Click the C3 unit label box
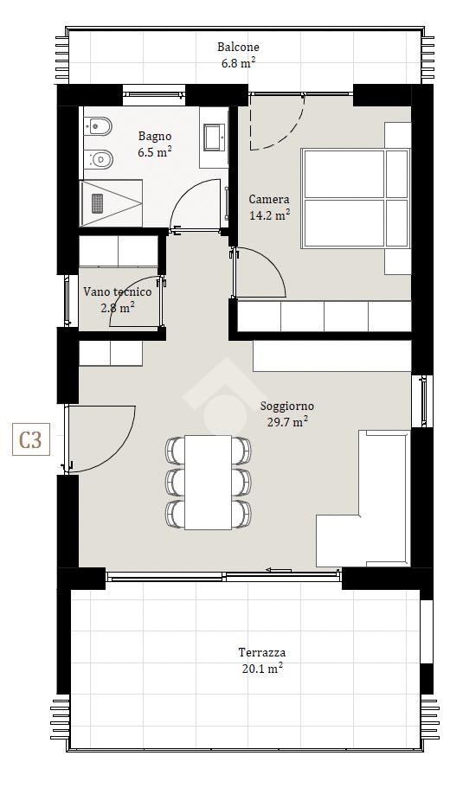click(x=31, y=439)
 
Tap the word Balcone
click(x=238, y=47)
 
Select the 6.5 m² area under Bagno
click(x=155, y=152)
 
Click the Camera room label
click(x=269, y=200)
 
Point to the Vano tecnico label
click(x=118, y=291)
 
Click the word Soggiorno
click(x=287, y=407)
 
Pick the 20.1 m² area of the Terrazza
click(x=262, y=669)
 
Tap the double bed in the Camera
click(x=355, y=199)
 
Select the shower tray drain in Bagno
click(x=98, y=203)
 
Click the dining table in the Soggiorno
click(x=208, y=482)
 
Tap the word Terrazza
click(x=262, y=653)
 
